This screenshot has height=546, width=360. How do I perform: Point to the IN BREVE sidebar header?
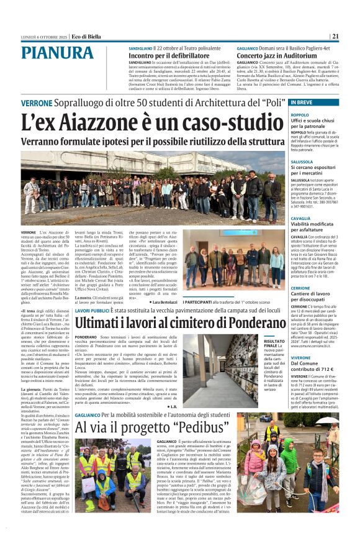pos(319,102)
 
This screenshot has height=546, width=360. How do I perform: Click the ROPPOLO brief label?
pos(317,115)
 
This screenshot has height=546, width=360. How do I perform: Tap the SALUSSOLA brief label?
pos(319,161)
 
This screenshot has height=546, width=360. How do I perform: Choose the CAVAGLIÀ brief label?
pos(318,219)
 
